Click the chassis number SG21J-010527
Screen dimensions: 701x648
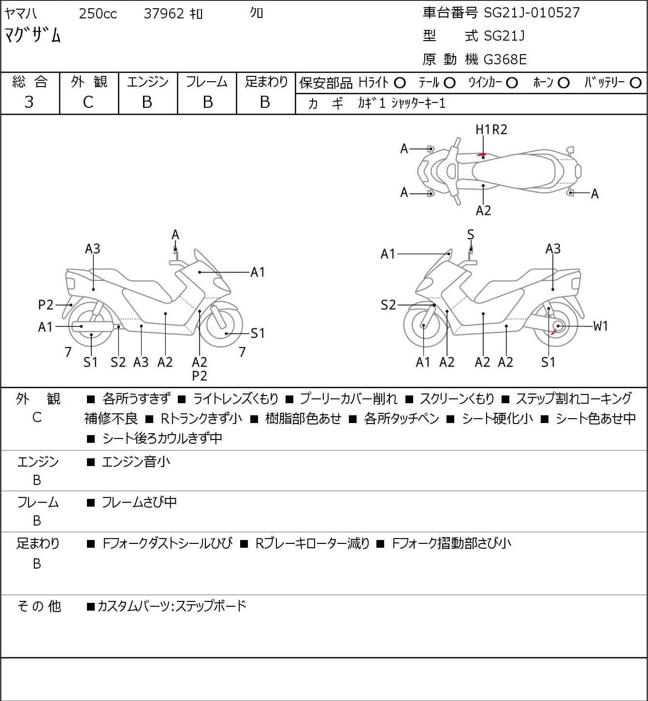point(532,13)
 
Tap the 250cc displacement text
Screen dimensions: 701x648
point(98,14)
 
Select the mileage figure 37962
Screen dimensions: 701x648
point(164,14)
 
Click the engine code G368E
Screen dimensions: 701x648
point(505,59)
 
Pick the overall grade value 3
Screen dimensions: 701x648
point(29,102)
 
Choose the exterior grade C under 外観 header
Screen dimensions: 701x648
point(88,102)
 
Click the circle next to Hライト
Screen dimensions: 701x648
point(400,83)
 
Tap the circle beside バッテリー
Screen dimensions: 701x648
point(636,83)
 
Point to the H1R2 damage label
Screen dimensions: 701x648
point(491,130)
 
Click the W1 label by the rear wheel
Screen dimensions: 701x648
point(601,326)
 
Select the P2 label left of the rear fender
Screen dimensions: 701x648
point(46,305)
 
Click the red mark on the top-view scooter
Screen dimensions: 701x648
point(481,155)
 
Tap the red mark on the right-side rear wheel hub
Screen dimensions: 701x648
point(554,332)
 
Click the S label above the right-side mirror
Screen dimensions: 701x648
point(471,235)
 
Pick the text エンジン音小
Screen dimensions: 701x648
point(136,462)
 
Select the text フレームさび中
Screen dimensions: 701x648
point(139,503)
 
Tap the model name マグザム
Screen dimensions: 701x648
point(33,35)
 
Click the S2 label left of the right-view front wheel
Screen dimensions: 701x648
point(388,305)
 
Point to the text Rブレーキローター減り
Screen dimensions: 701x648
point(312,543)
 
